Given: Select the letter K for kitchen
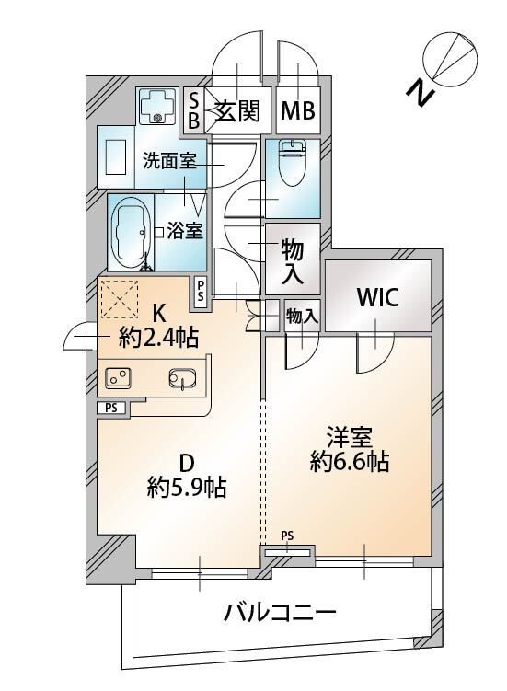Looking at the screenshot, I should (x=159, y=312).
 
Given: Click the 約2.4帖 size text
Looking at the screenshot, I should (x=159, y=338).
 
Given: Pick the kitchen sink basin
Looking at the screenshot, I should (x=182, y=378).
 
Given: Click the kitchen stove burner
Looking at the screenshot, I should (x=118, y=377).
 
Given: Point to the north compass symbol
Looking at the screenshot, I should (x=448, y=57).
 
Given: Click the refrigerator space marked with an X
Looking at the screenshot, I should (x=118, y=297).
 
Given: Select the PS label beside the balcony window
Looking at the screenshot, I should (x=287, y=536).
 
